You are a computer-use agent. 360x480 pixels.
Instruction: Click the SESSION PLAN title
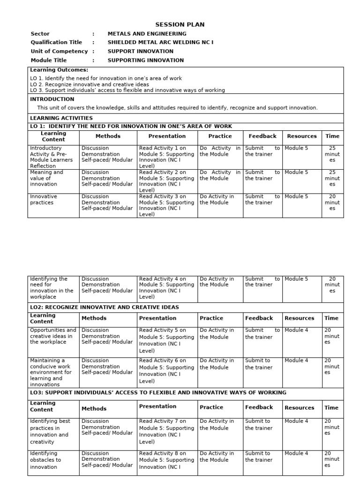[x=180, y=25]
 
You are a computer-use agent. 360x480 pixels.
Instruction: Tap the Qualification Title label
[x=56, y=43]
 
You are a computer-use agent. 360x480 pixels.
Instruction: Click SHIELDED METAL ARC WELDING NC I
[x=160, y=43]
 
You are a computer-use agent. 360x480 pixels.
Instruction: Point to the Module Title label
[x=49, y=60]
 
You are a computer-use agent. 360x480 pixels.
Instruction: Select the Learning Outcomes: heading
[x=59, y=70]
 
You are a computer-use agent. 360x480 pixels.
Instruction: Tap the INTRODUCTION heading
[x=52, y=99]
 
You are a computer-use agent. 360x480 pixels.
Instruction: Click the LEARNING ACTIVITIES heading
[x=61, y=118]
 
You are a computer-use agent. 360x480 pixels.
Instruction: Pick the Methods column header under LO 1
[x=108, y=136]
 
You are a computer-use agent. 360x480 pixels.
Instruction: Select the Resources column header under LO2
[x=299, y=318]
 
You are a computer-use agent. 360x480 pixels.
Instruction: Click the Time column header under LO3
[x=331, y=408]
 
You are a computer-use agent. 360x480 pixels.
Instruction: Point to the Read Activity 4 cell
[x=166, y=287]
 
